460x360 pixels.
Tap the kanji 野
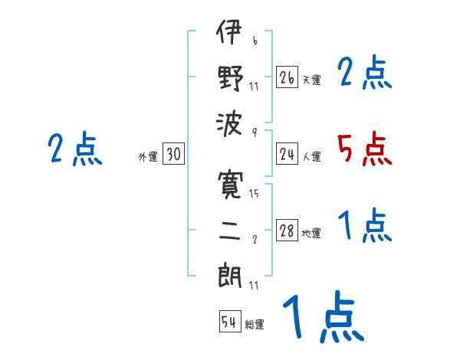point(229,77)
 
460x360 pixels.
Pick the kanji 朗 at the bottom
point(229,273)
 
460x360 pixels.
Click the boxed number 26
point(287,77)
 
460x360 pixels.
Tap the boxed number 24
point(287,155)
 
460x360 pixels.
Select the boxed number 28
point(287,231)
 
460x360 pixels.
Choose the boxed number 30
point(173,155)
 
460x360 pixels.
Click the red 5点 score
point(364,149)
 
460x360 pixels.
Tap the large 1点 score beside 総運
point(322,318)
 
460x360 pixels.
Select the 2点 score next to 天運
point(364,74)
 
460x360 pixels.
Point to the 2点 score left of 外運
point(74,149)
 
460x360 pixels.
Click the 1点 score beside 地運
point(364,226)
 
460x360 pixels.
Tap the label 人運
point(312,157)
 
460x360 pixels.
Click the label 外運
point(148,157)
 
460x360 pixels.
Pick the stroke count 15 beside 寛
point(254,195)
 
